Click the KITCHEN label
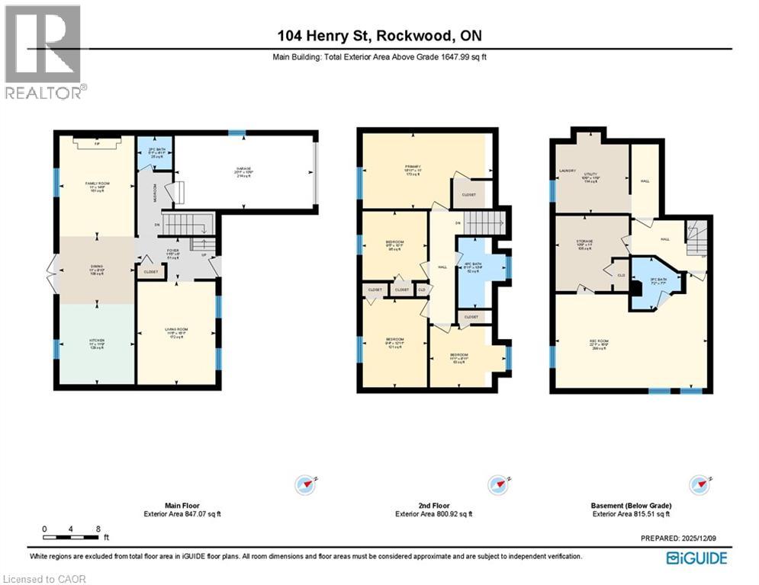[x=96, y=340]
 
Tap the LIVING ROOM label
[x=177, y=331]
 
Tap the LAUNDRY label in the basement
[x=567, y=171]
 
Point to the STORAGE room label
[x=585, y=243]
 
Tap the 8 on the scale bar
[x=98, y=528]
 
